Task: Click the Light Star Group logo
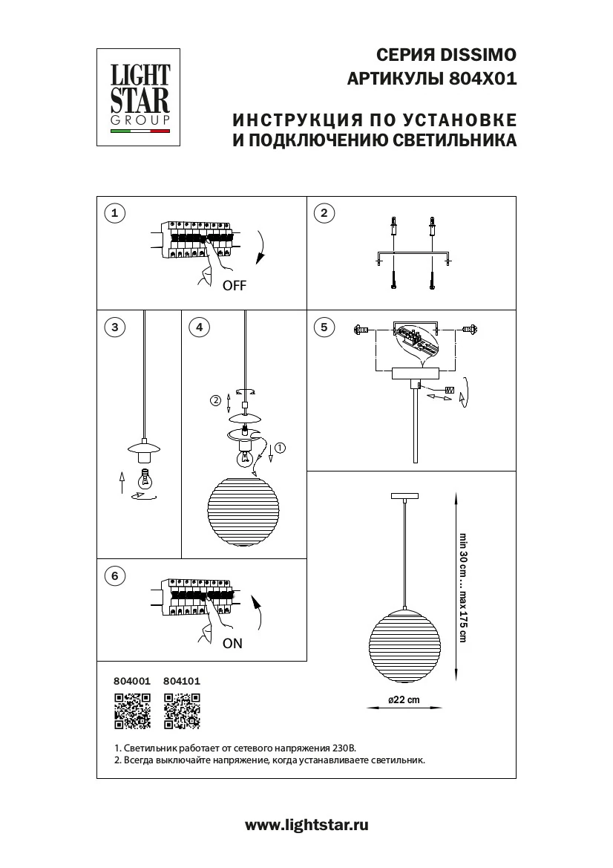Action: (140, 97)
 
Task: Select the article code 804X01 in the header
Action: (482, 78)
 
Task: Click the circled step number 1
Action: (114, 214)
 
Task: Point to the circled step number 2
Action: (323, 214)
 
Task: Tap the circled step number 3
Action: (114, 327)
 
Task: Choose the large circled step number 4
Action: (198, 327)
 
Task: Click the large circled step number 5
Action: (323, 327)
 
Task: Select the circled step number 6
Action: (114, 576)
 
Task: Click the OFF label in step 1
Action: (234, 286)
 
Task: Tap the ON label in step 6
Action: (232, 644)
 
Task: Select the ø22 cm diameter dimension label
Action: (404, 700)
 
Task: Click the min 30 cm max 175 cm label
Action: (463, 587)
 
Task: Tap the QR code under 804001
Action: (132, 711)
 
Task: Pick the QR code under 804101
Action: (182, 711)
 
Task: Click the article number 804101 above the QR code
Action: (182, 680)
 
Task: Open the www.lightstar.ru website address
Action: (306, 824)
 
